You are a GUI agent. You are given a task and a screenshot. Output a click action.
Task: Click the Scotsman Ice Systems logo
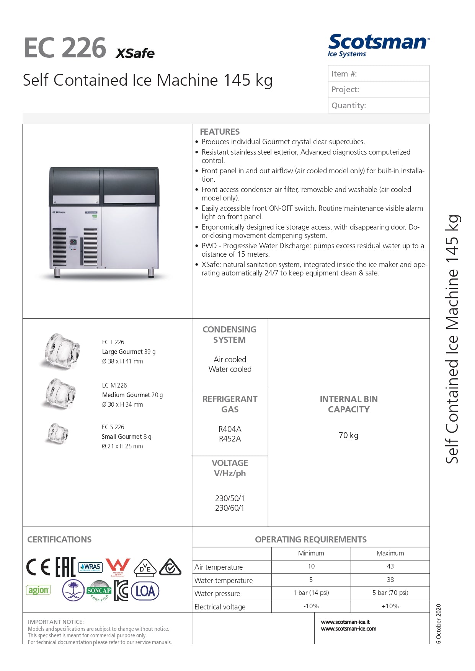378,46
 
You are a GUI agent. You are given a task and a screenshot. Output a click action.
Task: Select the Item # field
379,73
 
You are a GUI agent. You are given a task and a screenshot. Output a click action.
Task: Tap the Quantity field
379,105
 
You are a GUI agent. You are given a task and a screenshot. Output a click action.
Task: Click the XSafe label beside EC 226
135,53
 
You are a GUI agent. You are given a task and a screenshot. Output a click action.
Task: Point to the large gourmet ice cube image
61,351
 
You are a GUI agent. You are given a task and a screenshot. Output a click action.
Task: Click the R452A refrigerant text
230,439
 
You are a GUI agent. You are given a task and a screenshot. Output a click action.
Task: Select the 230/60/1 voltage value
230,508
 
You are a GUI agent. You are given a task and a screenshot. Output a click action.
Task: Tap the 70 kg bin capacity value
348,435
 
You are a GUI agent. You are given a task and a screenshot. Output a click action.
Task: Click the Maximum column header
390,553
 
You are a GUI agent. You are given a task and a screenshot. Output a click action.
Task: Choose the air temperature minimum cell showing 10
311,566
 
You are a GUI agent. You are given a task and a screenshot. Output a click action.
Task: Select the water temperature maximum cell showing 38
390,580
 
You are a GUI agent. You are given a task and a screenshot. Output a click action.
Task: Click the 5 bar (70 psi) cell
390,593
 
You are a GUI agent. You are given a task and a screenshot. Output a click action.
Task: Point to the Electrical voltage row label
220,607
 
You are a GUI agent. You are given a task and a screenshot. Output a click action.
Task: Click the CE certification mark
38,567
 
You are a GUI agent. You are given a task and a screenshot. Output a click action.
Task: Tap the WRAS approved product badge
90,567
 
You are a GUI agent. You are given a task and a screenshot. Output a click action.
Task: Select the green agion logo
38,590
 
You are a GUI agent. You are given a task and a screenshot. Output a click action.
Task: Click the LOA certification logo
145,591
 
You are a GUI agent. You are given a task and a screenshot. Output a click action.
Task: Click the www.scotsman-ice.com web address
348,629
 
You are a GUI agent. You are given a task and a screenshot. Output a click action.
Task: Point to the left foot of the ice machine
57,273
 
